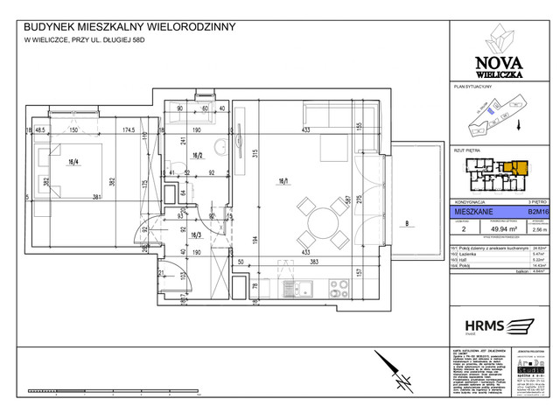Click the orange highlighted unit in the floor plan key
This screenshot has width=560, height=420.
(x=519, y=167)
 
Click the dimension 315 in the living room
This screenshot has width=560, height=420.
(x=252, y=156)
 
